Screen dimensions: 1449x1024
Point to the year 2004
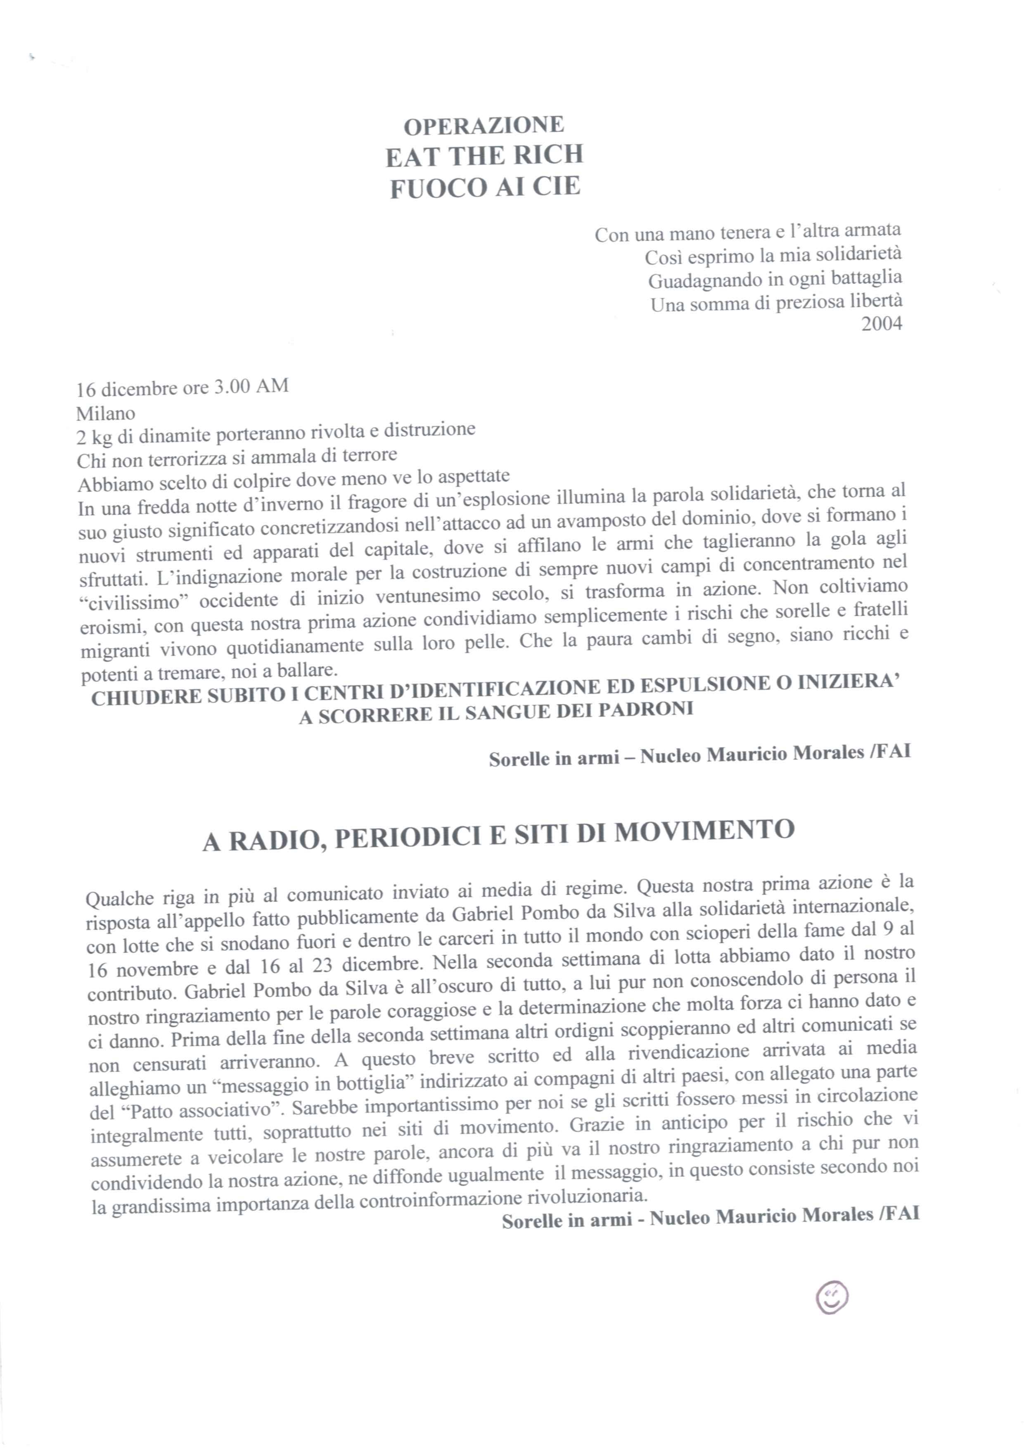coord(882,324)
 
